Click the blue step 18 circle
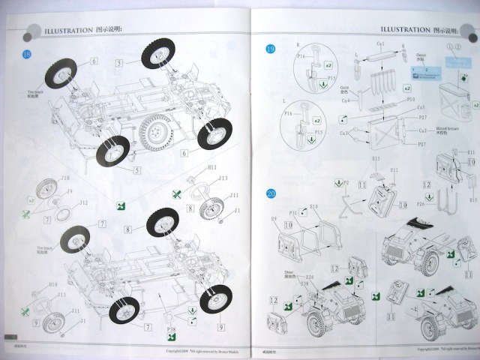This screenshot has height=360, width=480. (x=28, y=57)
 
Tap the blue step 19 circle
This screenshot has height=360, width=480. (x=271, y=51)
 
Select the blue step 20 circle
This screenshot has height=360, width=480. (x=271, y=193)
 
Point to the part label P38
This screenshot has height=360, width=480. (x=173, y=328)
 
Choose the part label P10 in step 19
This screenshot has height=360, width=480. (x=411, y=99)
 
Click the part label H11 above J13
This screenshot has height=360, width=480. (x=212, y=167)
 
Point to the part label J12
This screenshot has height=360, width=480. (x=63, y=202)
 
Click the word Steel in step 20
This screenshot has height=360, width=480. (x=289, y=273)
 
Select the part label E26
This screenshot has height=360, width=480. (x=309, y=277)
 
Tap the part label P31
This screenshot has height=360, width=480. (x=294, y=213)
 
